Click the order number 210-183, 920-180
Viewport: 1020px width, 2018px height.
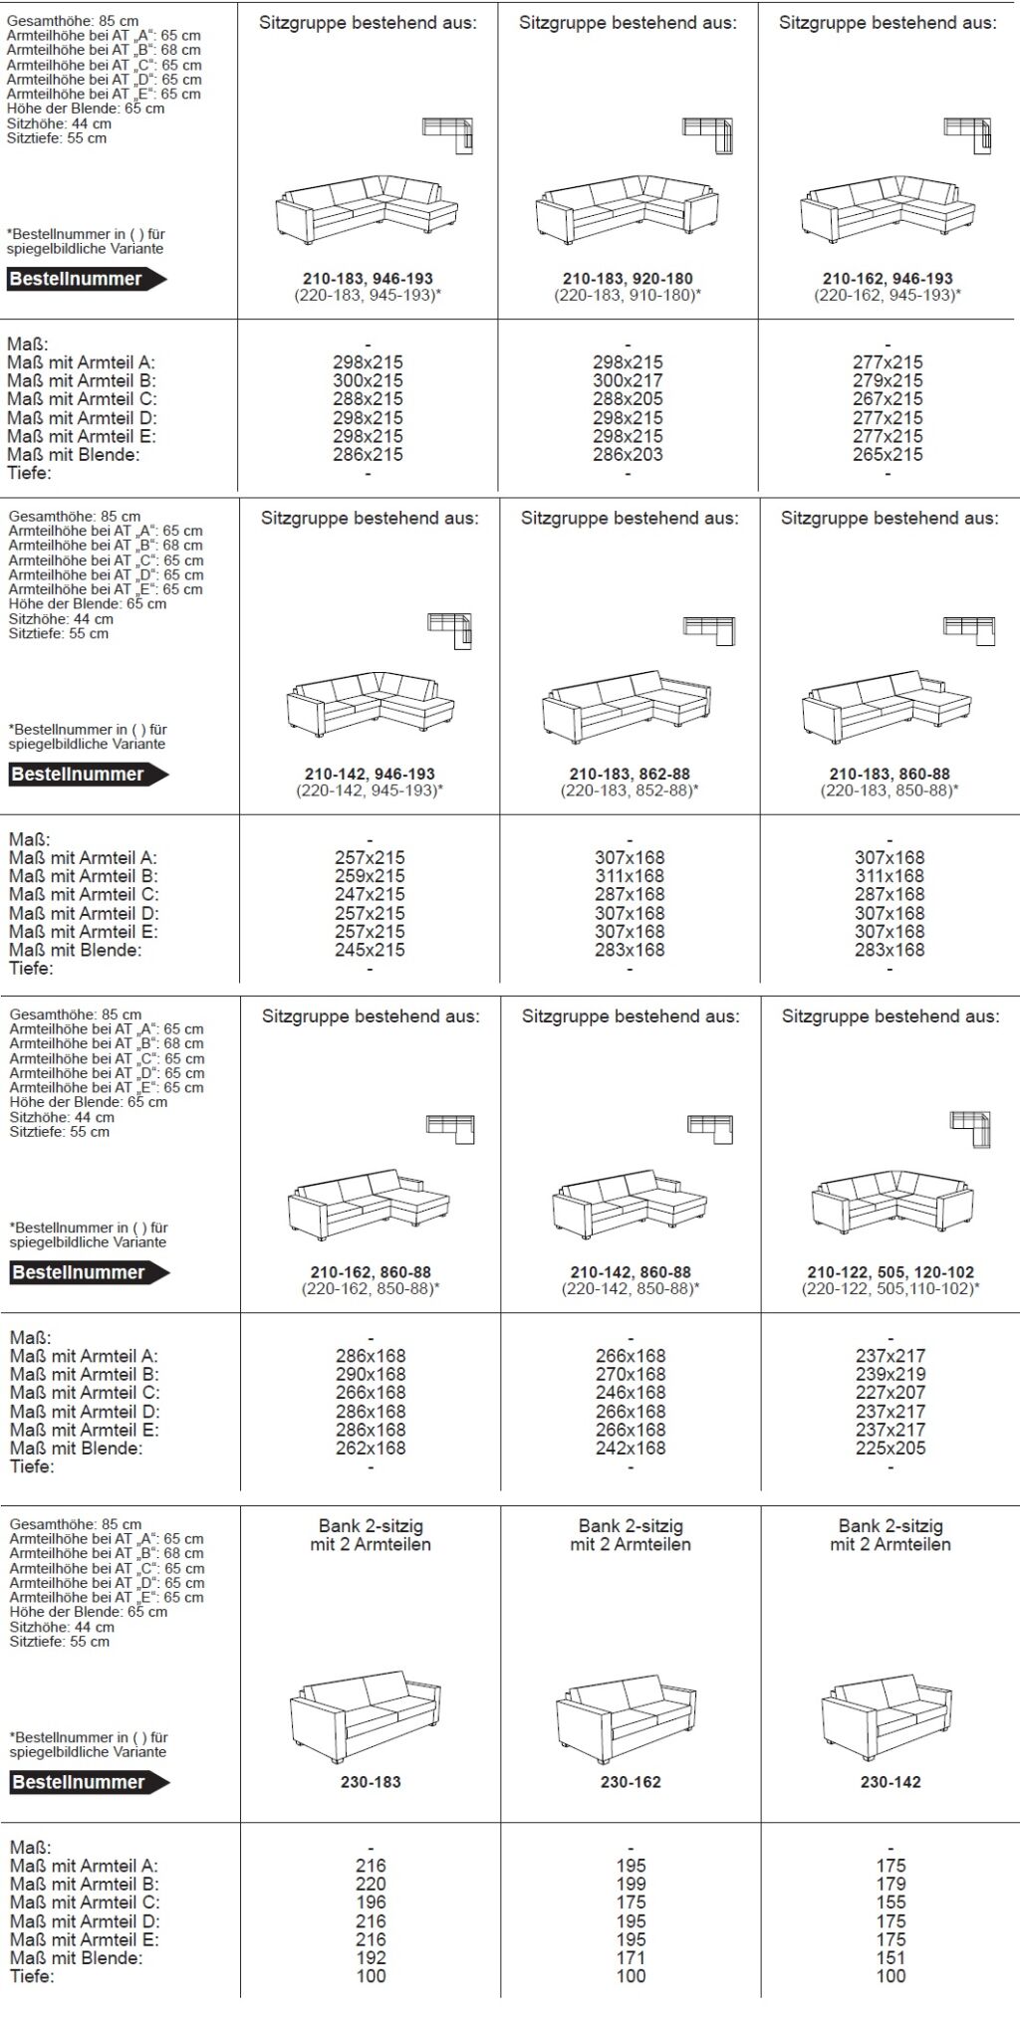(x=628, y=279)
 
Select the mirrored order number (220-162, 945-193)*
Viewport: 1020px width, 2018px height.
(x=888, y=296)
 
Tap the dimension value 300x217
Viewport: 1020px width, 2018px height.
(x=628, y=380)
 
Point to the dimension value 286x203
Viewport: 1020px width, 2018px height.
(x=628, y=454)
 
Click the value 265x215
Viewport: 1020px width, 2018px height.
(x=888, y=454)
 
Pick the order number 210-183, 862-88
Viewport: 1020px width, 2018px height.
(x=630, y=774)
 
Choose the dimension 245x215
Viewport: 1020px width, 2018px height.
(x=370, y=950)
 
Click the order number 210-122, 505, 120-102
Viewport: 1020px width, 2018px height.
(x=891, y=1272)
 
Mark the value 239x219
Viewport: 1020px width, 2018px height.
(x=891, y=1374)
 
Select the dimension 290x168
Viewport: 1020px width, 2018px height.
(x=371, y=1374)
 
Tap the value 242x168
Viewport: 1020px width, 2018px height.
(x=631, y=1448)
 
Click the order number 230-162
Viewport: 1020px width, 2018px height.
(x=631, y=1782)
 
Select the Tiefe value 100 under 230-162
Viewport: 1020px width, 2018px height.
(x=631, y=1976)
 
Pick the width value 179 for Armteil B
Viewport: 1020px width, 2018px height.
(x=891, y=1884)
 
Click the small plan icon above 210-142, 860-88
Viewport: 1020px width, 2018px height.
(x=709, y=1126)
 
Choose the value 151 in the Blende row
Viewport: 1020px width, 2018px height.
(x=891, y=1957)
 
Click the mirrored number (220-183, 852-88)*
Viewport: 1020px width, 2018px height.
(x=630, y=790)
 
